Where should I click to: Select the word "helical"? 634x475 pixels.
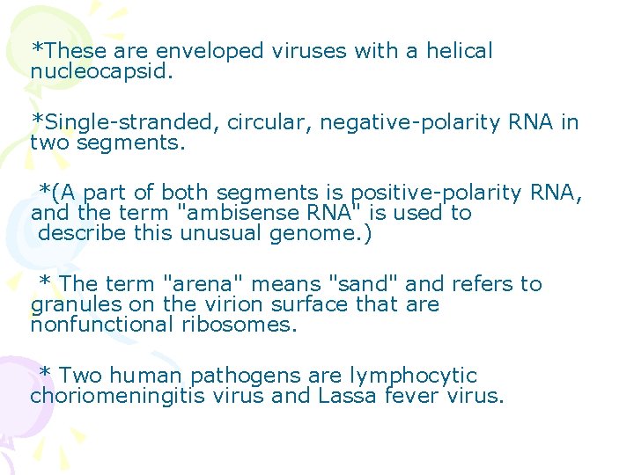(459, 52)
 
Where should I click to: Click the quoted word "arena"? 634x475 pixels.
(197, 284)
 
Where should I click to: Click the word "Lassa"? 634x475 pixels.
(348, 397)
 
